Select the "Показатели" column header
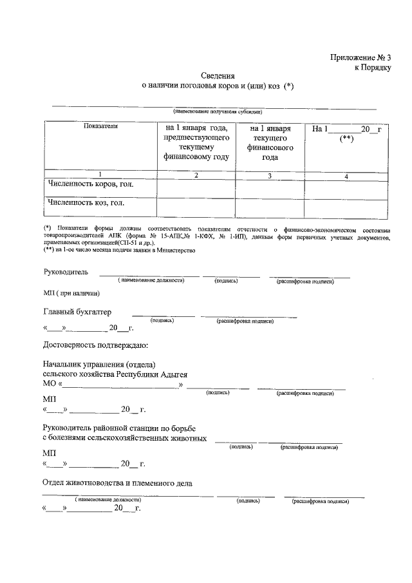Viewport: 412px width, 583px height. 100,127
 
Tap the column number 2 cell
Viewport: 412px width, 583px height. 196,175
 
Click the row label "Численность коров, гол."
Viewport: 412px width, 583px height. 93,185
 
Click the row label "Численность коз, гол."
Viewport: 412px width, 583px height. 86,203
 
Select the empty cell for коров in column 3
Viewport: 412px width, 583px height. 269,189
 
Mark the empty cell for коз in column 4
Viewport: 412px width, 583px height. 346,208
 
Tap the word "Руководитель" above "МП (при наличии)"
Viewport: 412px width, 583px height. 66,273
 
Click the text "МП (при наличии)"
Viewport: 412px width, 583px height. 71,294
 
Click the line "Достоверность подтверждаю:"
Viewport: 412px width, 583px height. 96,347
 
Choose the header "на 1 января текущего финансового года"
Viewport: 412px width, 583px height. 270,143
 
